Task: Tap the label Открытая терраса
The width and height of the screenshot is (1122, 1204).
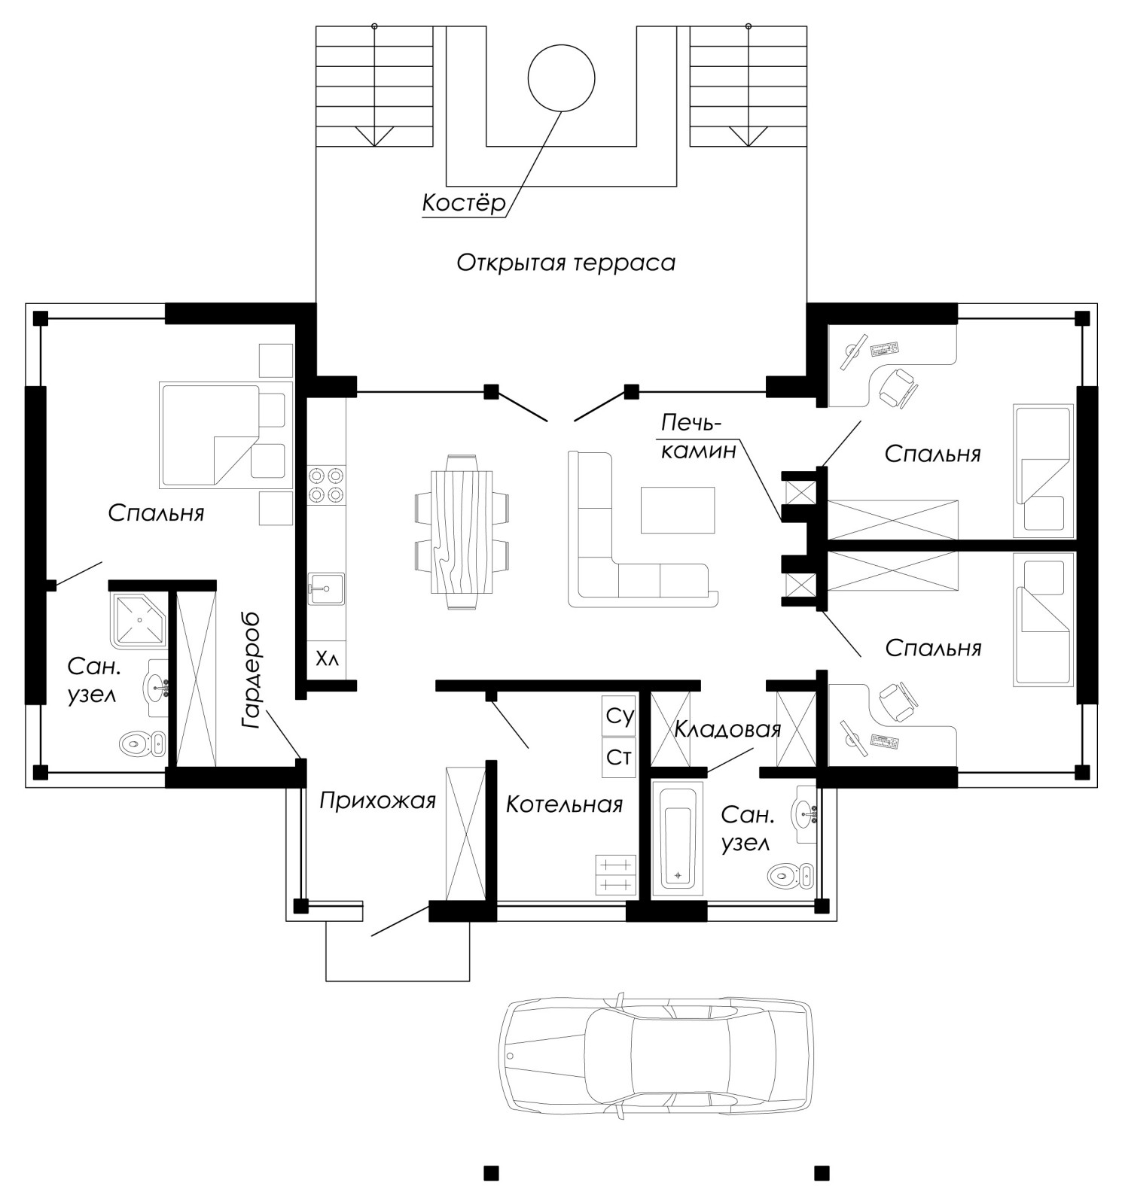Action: [x=566, y=263]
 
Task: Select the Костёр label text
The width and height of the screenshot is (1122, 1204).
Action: [x=463, y=203]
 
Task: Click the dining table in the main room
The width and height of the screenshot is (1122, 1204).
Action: [x=462, y=531]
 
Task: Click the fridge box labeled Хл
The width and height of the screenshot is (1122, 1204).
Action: [x=327, y=660]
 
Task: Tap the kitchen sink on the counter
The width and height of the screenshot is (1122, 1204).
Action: [x=326, y=588]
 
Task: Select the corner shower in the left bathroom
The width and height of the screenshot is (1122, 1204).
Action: [x=139, y=619]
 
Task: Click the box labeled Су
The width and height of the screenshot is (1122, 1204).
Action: [x=619, y=716]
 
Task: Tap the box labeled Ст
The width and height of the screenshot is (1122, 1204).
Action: [x=619, y=758]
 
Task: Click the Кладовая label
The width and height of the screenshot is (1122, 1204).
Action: [x=727, y=730]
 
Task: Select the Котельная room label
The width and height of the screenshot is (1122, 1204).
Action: [x=564, y=804]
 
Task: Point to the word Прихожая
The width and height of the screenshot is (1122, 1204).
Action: [x=378, y=801]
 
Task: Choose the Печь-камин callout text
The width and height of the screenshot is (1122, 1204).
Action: [x=698, y=436]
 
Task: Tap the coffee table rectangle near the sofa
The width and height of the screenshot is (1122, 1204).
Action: [x=677, y=510]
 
